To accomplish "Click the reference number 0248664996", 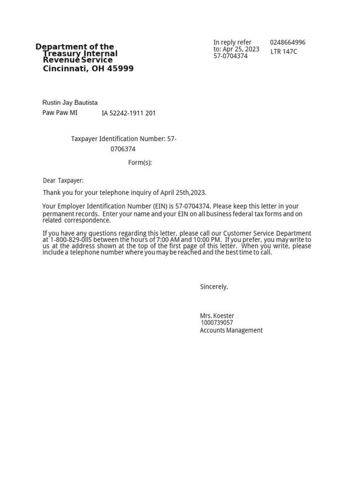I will coord(287,42).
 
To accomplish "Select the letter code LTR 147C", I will coord(284,52).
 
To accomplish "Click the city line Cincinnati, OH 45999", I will coord(88,69).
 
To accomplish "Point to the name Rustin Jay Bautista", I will coord(70,103).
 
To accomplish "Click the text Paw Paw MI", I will coord(60,112).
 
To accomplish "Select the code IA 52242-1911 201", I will coord(129,113).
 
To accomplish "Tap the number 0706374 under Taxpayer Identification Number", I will coord(123,149).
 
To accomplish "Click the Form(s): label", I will coord(140,163).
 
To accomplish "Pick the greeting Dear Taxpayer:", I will coord(63,180).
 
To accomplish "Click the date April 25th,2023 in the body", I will coord(183,193).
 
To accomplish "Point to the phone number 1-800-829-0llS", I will coord(72,240).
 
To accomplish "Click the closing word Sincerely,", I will coord(214,286).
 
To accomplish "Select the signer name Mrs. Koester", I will coord(217,316).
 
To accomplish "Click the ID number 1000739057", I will coord(217,322).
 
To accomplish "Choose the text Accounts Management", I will coord(231,330).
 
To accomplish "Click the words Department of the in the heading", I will coord(75,46).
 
